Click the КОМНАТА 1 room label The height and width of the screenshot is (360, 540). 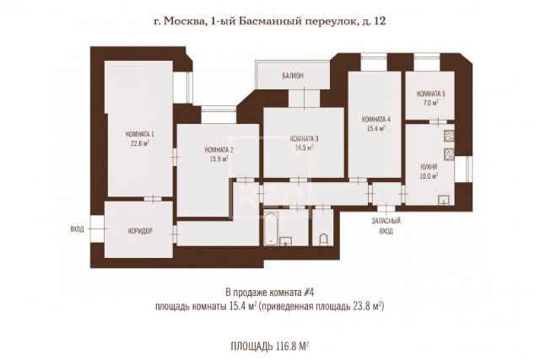coord(139,134)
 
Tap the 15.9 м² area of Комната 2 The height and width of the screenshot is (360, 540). coord(220,159)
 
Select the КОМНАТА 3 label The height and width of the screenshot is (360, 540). coord(305,139)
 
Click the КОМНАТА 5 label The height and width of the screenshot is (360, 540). coord(431,94)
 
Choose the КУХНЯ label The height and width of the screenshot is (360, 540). coord(429,167)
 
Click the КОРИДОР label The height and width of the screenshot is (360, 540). coord(140,231)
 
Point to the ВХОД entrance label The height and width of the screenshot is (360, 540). coord(77,228)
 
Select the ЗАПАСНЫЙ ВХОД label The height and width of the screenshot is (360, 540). coord(386,226)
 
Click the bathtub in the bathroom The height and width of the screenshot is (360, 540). coord(272,228)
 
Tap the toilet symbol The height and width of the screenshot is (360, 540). coord(323,240)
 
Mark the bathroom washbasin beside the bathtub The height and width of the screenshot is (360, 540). coord(286,241)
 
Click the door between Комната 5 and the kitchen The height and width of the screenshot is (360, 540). coord(438,121)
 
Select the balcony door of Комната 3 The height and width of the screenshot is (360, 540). coord(305,98)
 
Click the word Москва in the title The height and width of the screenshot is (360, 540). coord(183,21)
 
